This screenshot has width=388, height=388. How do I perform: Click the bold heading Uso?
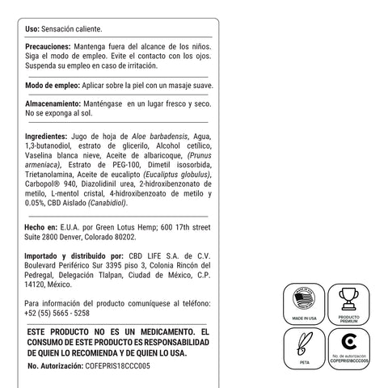(x=36, y=27)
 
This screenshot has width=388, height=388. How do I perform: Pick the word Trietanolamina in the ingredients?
(x=52, y=174)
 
